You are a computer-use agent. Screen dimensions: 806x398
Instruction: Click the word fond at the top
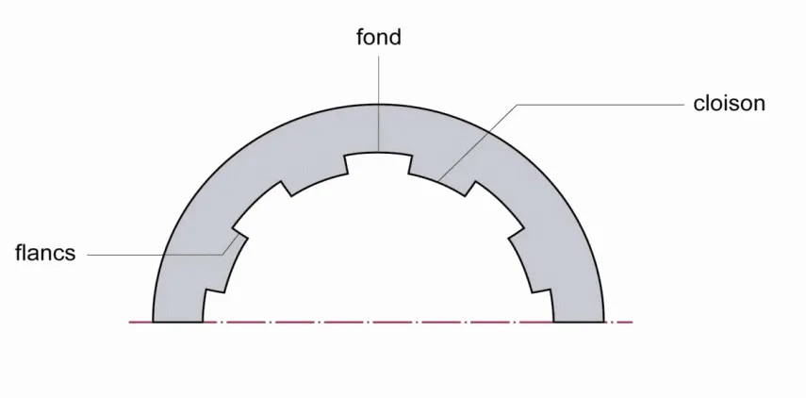click(379, 37)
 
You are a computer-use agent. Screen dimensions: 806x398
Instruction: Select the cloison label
click(729, 104)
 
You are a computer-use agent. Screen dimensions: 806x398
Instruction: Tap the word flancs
click(45, 253)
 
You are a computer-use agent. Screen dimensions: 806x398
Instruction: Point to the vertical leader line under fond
click(379, 104)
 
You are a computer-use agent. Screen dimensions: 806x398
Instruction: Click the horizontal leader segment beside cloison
click(600, 105)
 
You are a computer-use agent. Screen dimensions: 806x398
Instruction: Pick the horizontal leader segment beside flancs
click(156, 255)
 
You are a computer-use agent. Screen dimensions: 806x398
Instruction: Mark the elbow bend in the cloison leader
click(518, 105)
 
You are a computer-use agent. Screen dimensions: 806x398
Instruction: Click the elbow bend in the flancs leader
click(223, 255)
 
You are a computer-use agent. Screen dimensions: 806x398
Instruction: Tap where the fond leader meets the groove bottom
click(379, 152)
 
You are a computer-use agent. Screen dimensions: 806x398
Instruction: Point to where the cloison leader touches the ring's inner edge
click(438, 181)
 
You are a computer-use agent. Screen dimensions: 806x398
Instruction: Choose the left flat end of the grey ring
click(178, 322)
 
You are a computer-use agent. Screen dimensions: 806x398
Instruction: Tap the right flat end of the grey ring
click(578, 322)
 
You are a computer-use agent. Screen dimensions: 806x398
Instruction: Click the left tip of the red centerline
click(129, 323)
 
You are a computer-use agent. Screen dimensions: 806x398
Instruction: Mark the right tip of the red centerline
click(633, 323)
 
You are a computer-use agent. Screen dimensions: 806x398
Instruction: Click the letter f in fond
click(360, 37)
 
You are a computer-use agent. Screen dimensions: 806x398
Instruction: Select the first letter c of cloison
click(699, 106)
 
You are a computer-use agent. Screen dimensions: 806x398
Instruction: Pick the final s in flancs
click(71, 256)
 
